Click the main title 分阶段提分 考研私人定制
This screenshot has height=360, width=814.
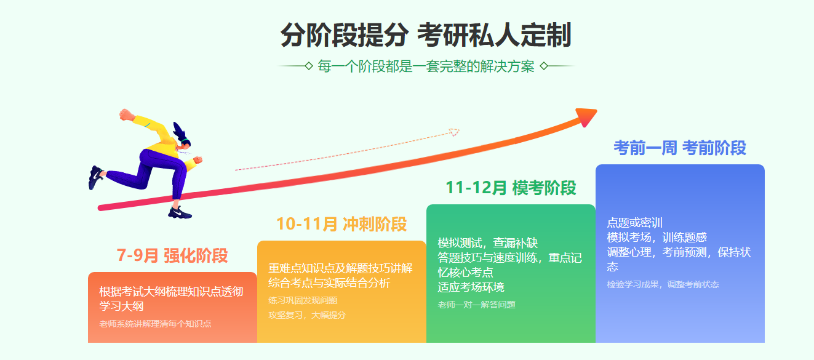coord(426,35)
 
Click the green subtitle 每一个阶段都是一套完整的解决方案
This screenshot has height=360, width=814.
coord(426,66)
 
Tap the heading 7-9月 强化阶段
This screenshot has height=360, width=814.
coord(172,255)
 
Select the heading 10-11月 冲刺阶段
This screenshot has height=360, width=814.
coord(341,224)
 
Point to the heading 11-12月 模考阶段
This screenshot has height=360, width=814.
coord(511,188)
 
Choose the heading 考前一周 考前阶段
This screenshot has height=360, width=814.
coord(680,148)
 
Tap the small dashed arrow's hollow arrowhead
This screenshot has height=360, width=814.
coord(455,132)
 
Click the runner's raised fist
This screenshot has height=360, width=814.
coord(126,114)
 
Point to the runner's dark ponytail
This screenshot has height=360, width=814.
coord(180,130)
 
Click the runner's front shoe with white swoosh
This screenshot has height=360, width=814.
coord(180,212)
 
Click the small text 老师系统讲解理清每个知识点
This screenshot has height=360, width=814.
coord(155,324)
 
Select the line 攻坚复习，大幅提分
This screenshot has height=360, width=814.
coord(307,315)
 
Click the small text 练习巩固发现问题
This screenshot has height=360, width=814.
coord(303,300)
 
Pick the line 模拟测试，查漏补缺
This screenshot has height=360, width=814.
coord(487,242)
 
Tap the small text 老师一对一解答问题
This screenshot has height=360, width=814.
coord(476,305)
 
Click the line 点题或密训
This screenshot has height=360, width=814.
coord(634,223)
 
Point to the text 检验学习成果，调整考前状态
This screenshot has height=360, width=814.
coord(663,284)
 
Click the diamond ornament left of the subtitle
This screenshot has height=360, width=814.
coord(309,66)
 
